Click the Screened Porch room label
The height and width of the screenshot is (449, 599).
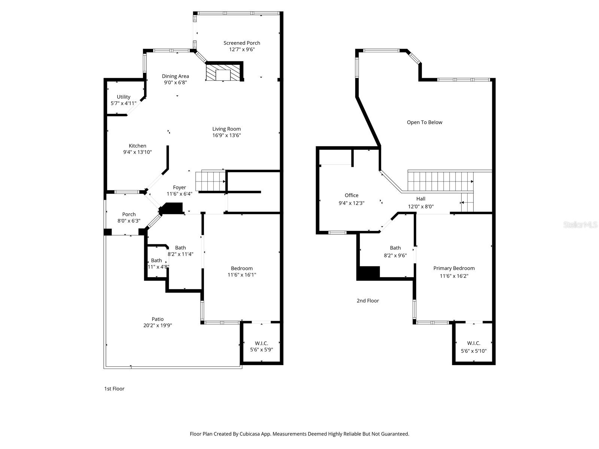point(241,43)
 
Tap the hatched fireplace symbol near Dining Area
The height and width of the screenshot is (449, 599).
point(224,73)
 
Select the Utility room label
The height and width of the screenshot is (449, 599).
point(124,97)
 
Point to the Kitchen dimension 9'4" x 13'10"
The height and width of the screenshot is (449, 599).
point(137,152)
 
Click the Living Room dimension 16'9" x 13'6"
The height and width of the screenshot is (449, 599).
point(226,135)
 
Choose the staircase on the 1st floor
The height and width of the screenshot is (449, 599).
point(210,180)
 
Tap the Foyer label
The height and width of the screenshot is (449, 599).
point(179,187)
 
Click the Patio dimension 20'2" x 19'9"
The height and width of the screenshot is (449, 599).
point(158,326)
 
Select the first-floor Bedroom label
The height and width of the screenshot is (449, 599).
point(241,268)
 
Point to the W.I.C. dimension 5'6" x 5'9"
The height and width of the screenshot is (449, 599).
point(261,350)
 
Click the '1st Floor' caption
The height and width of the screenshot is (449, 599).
point(114,389)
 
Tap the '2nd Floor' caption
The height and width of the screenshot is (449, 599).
point(368,301)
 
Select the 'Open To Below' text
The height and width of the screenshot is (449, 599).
point(425,122)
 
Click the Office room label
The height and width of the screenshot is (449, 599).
point(352,195)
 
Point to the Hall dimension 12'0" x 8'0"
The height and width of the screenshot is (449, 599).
point(421,207)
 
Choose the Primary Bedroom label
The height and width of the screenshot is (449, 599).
point(454,268)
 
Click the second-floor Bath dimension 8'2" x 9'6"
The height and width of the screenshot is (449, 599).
point(395,256)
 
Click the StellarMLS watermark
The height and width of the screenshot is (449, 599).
point(580,225)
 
